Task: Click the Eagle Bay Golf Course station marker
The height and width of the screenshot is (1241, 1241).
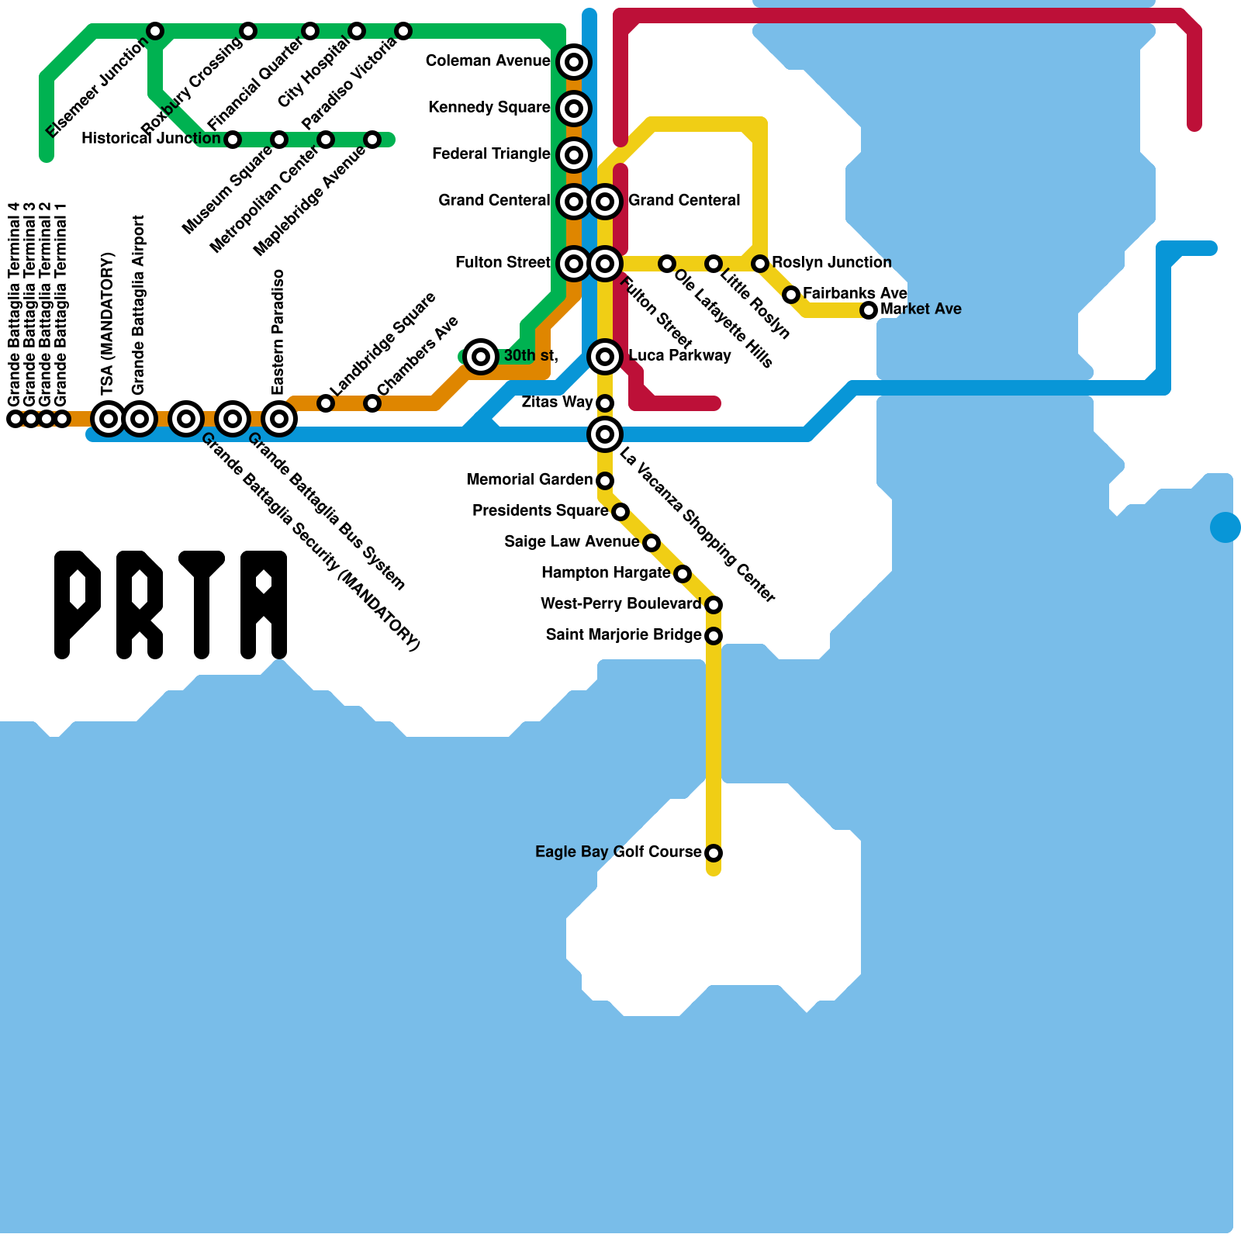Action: [714, 853]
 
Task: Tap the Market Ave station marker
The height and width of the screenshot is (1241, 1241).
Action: [869, 310]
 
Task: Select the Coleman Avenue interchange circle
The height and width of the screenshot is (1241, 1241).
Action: [574, 61]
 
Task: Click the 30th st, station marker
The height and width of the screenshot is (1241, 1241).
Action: [481, 357]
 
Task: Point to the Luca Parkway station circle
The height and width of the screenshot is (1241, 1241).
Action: [605, 357]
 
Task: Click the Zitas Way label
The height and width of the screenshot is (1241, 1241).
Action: [557, 402]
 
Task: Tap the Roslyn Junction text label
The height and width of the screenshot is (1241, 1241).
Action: [831, 262]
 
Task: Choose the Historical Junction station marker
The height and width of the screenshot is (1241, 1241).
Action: [233, 140]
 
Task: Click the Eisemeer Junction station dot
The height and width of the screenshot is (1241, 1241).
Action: [155, 31]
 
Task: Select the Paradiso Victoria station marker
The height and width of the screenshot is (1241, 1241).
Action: [403, 31]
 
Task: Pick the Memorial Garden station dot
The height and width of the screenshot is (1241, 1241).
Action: [605, 481]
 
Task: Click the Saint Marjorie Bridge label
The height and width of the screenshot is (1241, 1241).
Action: [624, 634]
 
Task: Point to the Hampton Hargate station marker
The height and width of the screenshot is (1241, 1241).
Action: [683, 574]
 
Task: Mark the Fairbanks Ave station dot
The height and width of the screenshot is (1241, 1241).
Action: [791, 295]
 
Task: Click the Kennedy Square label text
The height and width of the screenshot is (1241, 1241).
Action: [489, 107]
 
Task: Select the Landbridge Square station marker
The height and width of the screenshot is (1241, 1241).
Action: [326, 403]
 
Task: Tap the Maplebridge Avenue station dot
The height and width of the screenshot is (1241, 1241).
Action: [372, 140]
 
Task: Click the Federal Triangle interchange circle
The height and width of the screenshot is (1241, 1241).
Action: [574, 154]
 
